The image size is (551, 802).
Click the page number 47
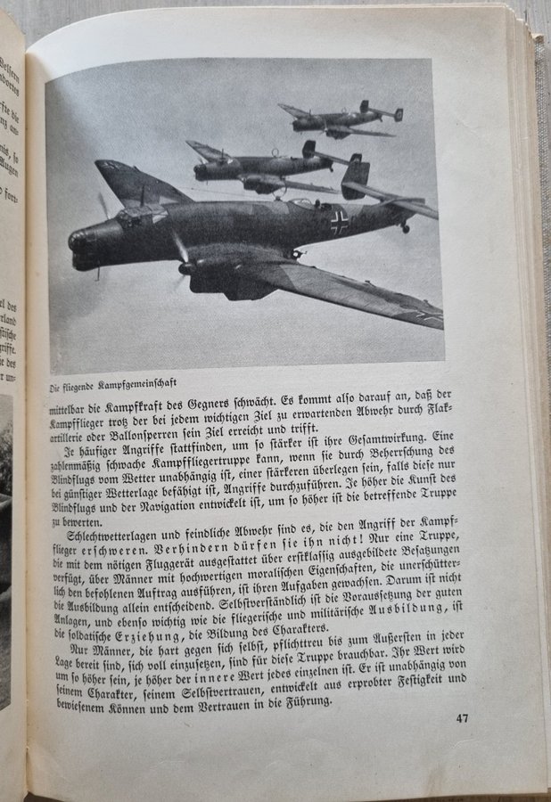461,717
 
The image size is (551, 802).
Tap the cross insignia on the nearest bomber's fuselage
339,221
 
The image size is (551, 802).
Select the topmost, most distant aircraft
343,119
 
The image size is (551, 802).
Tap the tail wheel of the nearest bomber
406,228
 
